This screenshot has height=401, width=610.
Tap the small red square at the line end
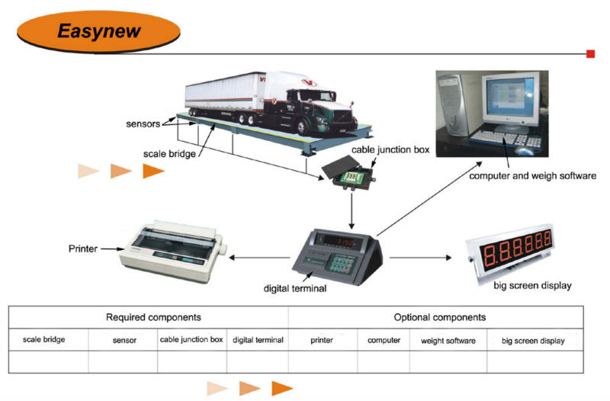[590, 54]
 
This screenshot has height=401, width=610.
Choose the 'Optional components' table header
[439, 316]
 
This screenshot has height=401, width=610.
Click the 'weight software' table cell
[448, 340]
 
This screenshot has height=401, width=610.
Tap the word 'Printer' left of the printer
[82, 249]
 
